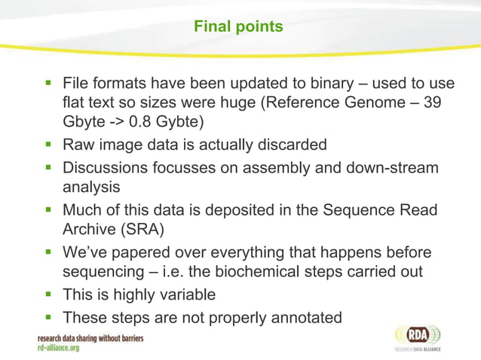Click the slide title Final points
click(238, 26)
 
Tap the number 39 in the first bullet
click(432, 102)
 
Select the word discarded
click(290, 144)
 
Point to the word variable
click(185, 294)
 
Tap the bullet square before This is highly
click(49, 294)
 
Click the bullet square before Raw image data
click(49, 144)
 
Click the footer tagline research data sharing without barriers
click(90, 338)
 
